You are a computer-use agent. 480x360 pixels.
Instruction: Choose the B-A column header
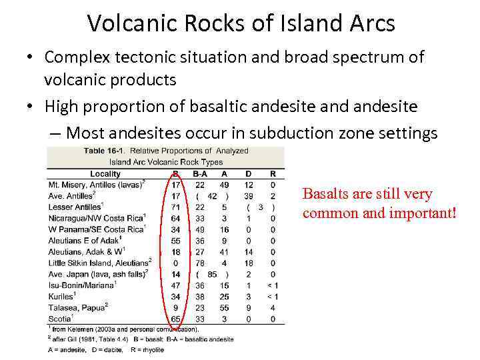point(200,174)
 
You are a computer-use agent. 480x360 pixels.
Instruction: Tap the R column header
point(273,174)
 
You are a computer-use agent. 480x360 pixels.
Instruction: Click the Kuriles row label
point(62,296)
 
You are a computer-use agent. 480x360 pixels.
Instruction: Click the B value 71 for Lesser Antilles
point(176,207)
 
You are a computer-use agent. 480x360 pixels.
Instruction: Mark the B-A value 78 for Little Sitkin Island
point(200,263)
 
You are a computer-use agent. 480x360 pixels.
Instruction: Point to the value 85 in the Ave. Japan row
point(212,274)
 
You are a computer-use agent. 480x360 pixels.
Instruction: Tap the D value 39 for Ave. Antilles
point(249,196)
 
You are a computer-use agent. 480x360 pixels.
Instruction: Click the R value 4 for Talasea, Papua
point(273,307)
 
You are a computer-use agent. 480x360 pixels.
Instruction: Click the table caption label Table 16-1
point(104,151)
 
